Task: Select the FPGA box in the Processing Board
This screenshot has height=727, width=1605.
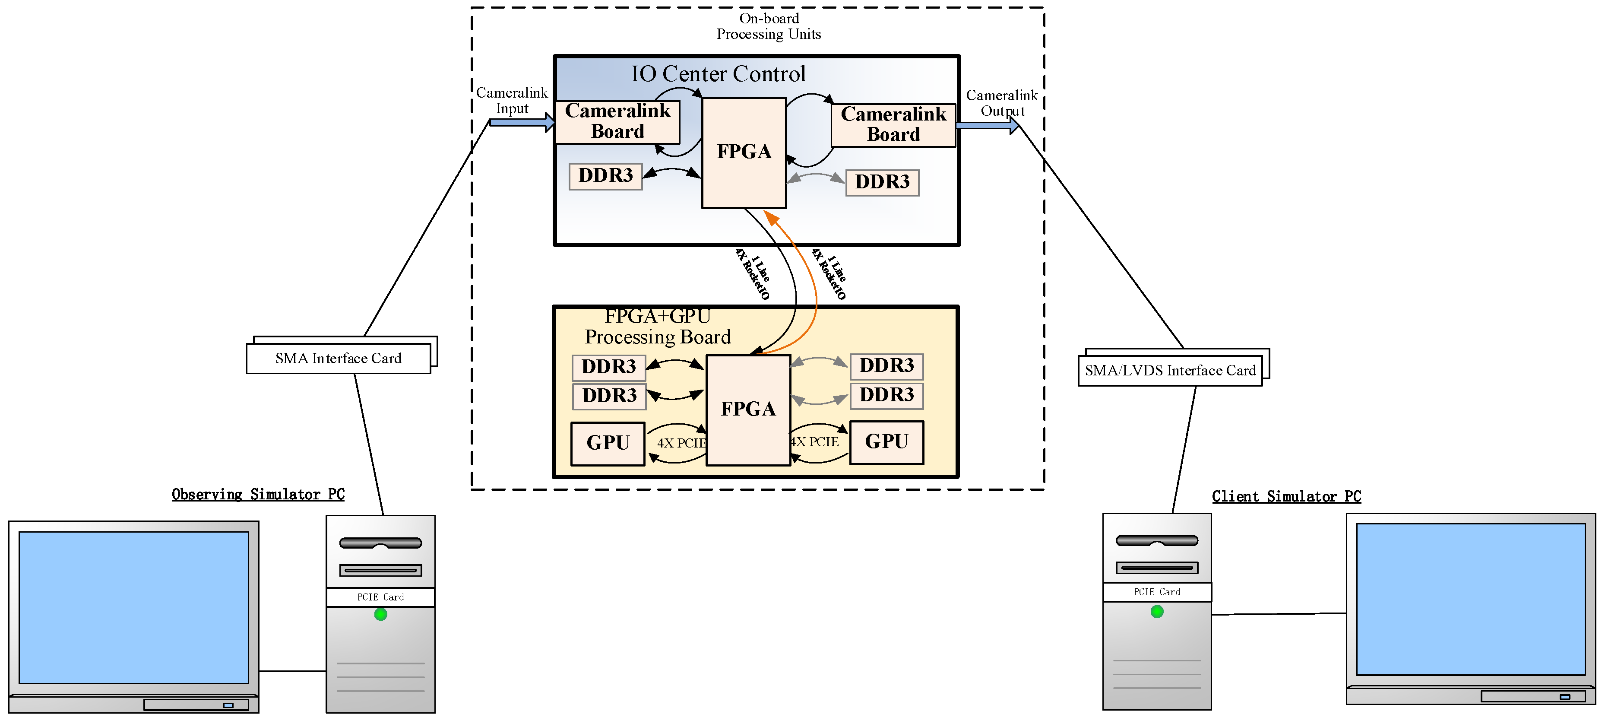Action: [x=748, y=409]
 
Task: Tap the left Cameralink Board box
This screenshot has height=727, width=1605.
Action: [x=617, y=121]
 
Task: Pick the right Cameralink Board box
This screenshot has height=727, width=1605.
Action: [x=893, y=125]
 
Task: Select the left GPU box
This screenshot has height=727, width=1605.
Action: [x=608, y=443]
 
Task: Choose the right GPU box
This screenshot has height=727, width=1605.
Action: [x=886, y=441]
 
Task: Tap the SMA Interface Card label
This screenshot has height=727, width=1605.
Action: [x=339, y=359]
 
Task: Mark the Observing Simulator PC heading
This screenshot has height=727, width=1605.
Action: [x=258, y=495]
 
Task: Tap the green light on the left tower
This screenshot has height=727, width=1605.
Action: [x=381, y=614]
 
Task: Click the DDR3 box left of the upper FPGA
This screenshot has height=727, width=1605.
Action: [x=605, y=176]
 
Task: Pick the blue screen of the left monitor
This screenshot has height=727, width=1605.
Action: [x=133, y=606]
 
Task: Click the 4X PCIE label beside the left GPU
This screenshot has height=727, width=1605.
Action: [x=681, y=443]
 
